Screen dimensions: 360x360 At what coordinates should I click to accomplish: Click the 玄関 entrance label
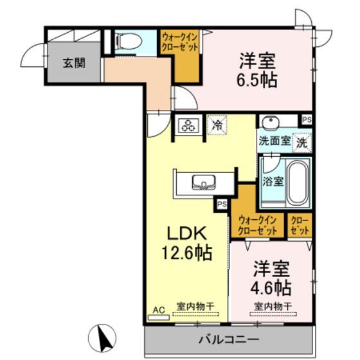(x=72, y=63)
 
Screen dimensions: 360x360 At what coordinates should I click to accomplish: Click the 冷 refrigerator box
(x=219, y=125)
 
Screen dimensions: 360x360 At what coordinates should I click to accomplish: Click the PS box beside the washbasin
(x=306, y=120)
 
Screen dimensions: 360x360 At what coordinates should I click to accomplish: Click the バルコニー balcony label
(x=228, y=339)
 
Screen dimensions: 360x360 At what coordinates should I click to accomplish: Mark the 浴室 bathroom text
(x=272, y=181)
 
